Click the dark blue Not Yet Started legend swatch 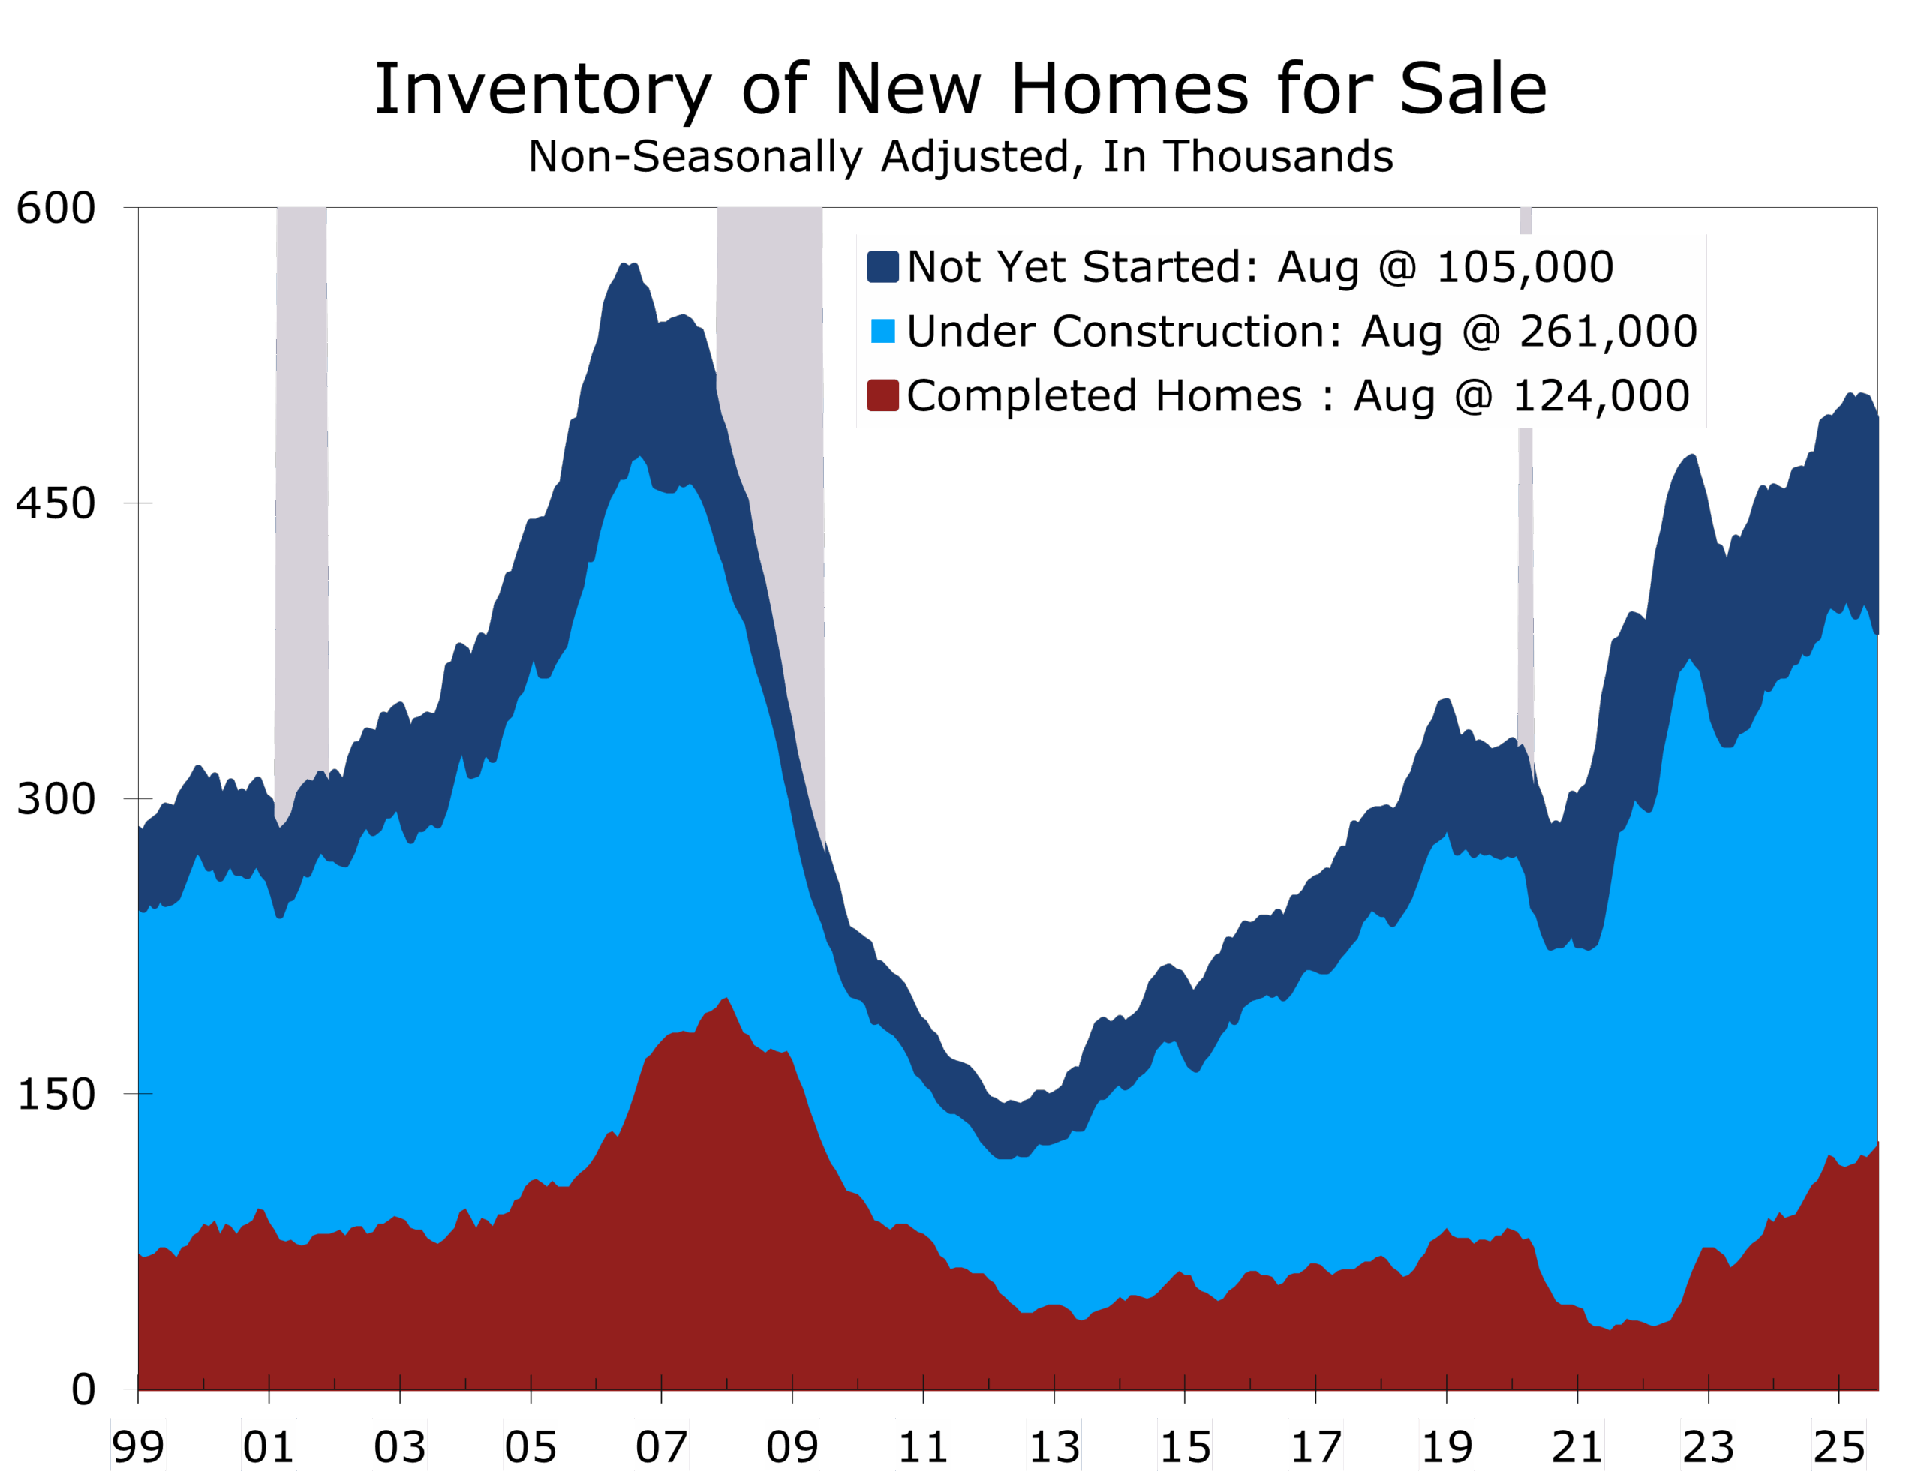[882, 267]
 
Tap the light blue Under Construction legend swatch [882, 331]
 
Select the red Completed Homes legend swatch [882, 395]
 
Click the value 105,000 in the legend [1524, 267]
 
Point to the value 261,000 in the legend [1608, 331]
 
